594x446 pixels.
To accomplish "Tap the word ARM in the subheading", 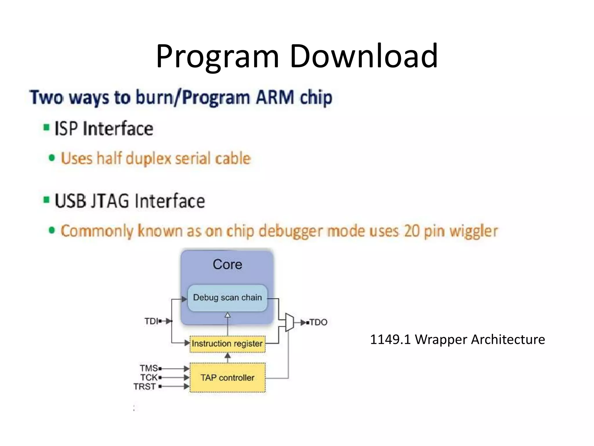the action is click(275, 97).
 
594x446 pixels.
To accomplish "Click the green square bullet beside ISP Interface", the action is click(46, 127).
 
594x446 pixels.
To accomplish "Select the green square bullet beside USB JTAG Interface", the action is click(46, 200).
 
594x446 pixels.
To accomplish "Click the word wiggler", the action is click(474, 231).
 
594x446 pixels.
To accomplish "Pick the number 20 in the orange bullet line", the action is click(412, 231).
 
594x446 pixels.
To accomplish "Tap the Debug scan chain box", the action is click(227, 298).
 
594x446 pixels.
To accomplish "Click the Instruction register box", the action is click(227, 344).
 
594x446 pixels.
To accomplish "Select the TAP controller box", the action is click(227, 377).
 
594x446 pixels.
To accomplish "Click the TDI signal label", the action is click(151, 321).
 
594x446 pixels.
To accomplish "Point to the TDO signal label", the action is click(318, 322).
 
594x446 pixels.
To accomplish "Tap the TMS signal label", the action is click(149, 368).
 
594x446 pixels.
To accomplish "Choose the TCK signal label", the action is click(149, 377).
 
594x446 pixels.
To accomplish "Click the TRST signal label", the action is click(145, 387).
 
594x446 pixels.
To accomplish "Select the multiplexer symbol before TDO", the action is click(289, 322).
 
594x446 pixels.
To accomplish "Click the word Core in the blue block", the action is click(227, 265).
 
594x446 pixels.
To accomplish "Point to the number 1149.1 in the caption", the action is click(390, 339).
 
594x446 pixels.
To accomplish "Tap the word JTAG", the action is click(110, 201).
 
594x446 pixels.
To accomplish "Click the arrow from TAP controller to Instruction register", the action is click(228, 357).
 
